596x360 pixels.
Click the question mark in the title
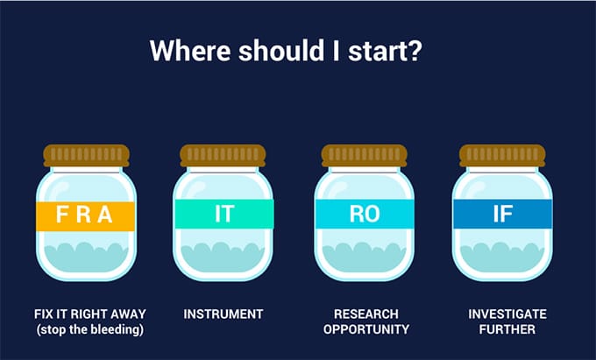tap(415, 50)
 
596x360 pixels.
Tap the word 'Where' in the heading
tap(190, 50)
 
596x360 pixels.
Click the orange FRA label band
tap(86, 216)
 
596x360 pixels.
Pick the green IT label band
tap(224, 214)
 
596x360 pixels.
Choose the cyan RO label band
tap(365, 214)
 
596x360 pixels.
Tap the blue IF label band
tap(502, 214)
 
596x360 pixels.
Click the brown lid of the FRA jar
tap(86, 155)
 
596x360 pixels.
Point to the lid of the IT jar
tap(223, 155)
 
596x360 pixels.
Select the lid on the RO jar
tap(364, 155)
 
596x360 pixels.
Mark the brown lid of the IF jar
tap(502, 155)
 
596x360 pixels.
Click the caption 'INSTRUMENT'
tap(223, 314)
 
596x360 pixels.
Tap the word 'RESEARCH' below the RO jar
tap(366, 314)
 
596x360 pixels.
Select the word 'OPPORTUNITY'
tap(366, 329)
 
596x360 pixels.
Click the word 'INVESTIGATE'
tap(507, 314)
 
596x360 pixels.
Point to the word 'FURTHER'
tap(507, 329)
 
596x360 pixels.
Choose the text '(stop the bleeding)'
tap(90, 329)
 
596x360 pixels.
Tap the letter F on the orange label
tap(61, 215)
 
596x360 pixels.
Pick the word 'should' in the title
tap(280, 50)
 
